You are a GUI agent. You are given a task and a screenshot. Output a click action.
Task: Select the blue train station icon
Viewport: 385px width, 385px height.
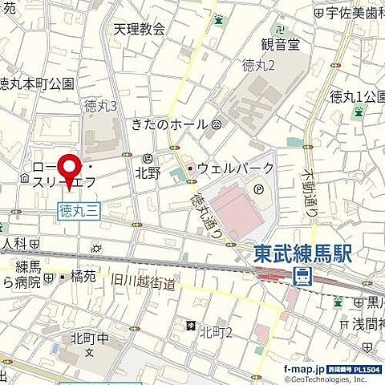(x=303, y=278)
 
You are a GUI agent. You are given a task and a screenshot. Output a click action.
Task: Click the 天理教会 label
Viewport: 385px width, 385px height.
(x=138, y=30)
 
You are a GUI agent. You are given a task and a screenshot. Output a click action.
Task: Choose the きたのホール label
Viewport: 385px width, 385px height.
(x=169, y=124)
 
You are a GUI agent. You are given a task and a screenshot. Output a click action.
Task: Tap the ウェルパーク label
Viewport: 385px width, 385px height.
(x=236, y=168)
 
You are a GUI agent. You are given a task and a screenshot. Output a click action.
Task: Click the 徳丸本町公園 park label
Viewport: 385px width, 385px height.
(x=37, y=83)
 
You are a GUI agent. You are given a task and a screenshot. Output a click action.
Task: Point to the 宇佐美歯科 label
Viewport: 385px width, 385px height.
(x=354, y=13)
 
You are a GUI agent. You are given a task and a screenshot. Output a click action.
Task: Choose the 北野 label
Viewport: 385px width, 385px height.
(x=148, y=172)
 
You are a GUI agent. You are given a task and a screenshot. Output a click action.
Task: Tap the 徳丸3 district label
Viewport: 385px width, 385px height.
(x=101, y=105)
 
